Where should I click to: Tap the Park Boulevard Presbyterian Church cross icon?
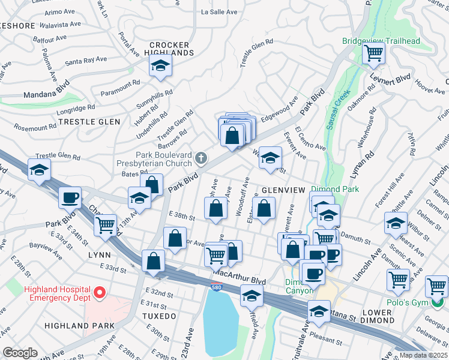[x=201, y=158]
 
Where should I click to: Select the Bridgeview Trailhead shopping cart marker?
[x=373, y=54]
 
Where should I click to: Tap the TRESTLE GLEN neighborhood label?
[x=89, y=122]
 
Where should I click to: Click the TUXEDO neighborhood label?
[x=159, y=316]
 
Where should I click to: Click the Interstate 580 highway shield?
[x=216, y=287]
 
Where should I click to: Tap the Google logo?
[x=20, y=352]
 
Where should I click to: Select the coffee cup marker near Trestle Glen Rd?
[x=70, y=197]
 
